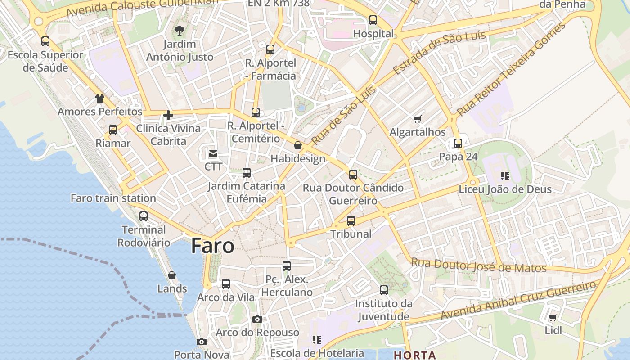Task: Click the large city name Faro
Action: pyautogui.click(x=212, y=246)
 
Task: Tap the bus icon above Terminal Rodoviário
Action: pyautogui.click(x=144, y=216)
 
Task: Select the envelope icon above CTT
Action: pyautogui.click(x=213, y=154)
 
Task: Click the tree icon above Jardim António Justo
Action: pyautogui.click(x=179, y=31)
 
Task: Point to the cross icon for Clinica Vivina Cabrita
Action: pyautogui.click(x=168, y=115)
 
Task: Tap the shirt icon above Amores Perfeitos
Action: pyautogui.click(x=99, y=99)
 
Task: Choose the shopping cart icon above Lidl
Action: pyautogui.click(x=553, y=317)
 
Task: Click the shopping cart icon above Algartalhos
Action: pyautogui.click(x=417, y=119)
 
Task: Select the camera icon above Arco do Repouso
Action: pyautogui.click(x=257, y=319)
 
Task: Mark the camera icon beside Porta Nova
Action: pyautogui.click(x=202, y=342)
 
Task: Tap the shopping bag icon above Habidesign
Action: pyautogui.click(x=297, y=145)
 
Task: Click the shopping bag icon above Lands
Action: pyautogui.click(x=172, y=275)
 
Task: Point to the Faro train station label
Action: pyautogui.click(x=113, y=198)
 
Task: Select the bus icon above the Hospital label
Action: pyautogui.click(x=373, y=20)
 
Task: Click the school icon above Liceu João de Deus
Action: pyautogui.click(x=505, y=176)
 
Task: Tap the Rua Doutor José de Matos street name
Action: pyautogui.click(x=479, y=265)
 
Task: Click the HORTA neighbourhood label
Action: pyautogui.click(x=415, y=355)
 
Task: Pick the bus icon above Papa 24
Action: pyautogui.click(x=458, y=144)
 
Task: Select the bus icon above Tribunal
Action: pyautogui.click(x=351, y=221)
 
